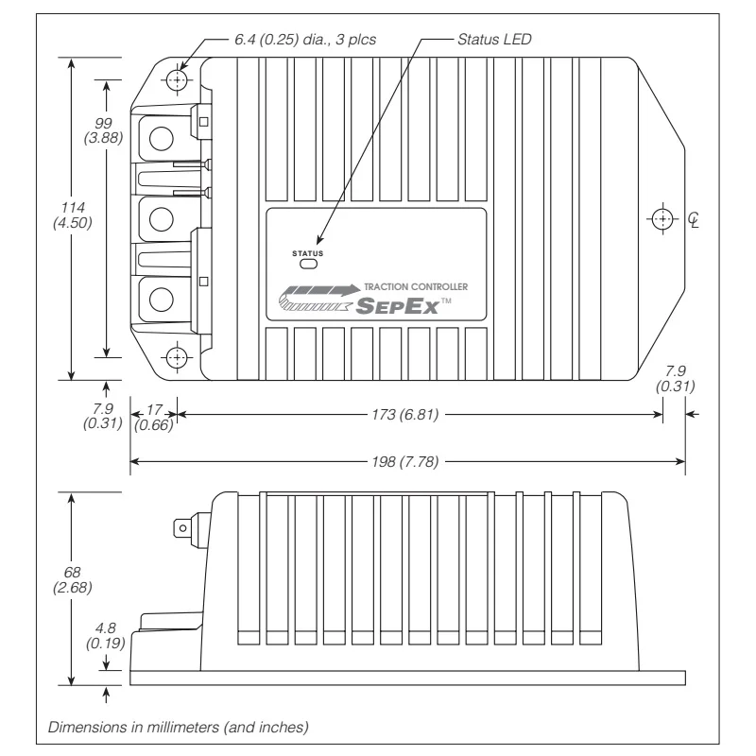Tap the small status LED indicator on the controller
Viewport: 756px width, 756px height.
pos(308,264)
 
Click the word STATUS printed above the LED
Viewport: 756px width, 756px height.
pos(308,252)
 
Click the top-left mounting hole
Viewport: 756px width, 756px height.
pos(177,79)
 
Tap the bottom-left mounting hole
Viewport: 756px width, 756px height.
pos(177,357)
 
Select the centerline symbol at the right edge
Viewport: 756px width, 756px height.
pos(696,219)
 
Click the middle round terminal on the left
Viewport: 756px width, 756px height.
pos(161,217)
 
